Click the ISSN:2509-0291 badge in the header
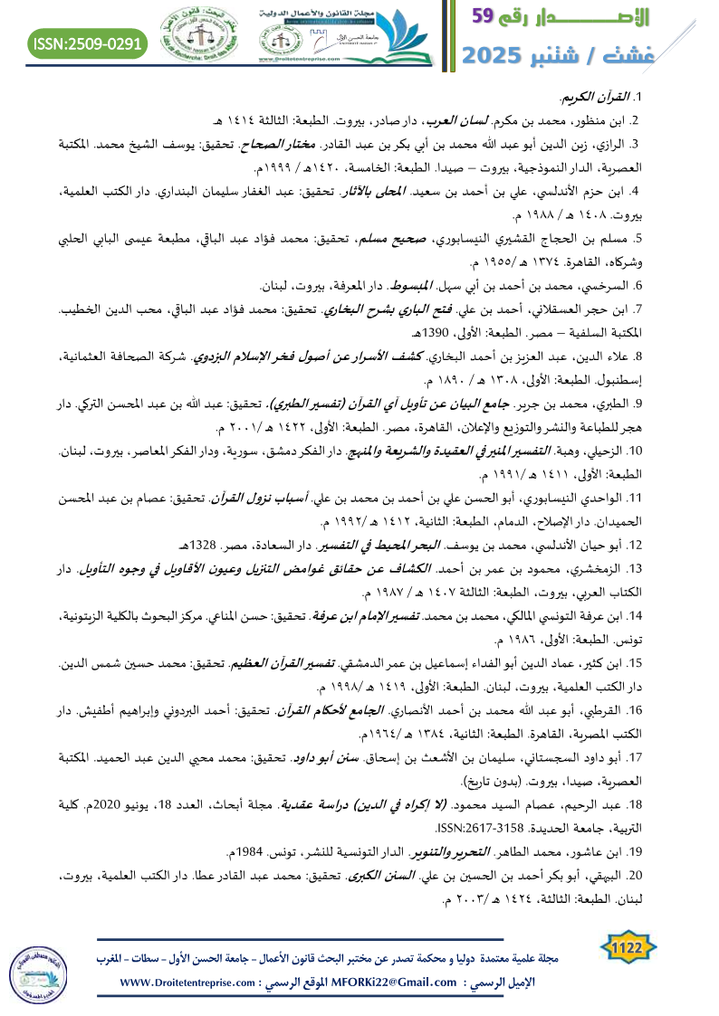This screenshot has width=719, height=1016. (x=88, y=43)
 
